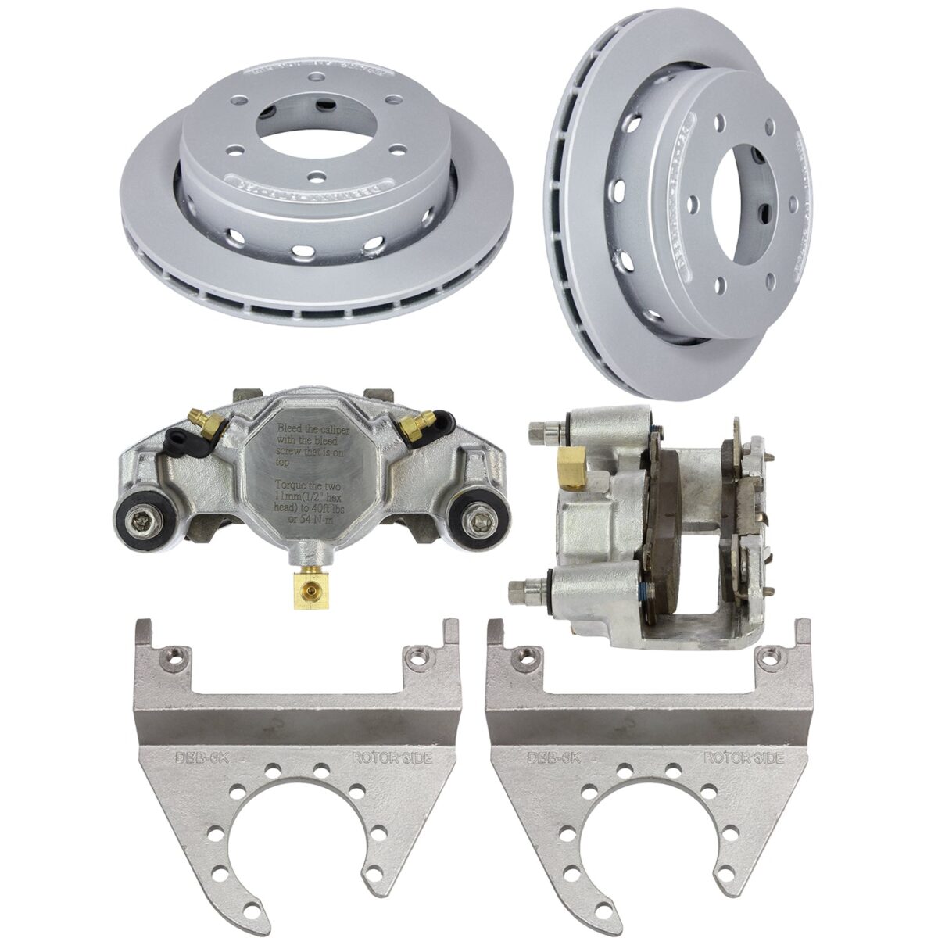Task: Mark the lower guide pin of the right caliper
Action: click(x=522, y=588)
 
